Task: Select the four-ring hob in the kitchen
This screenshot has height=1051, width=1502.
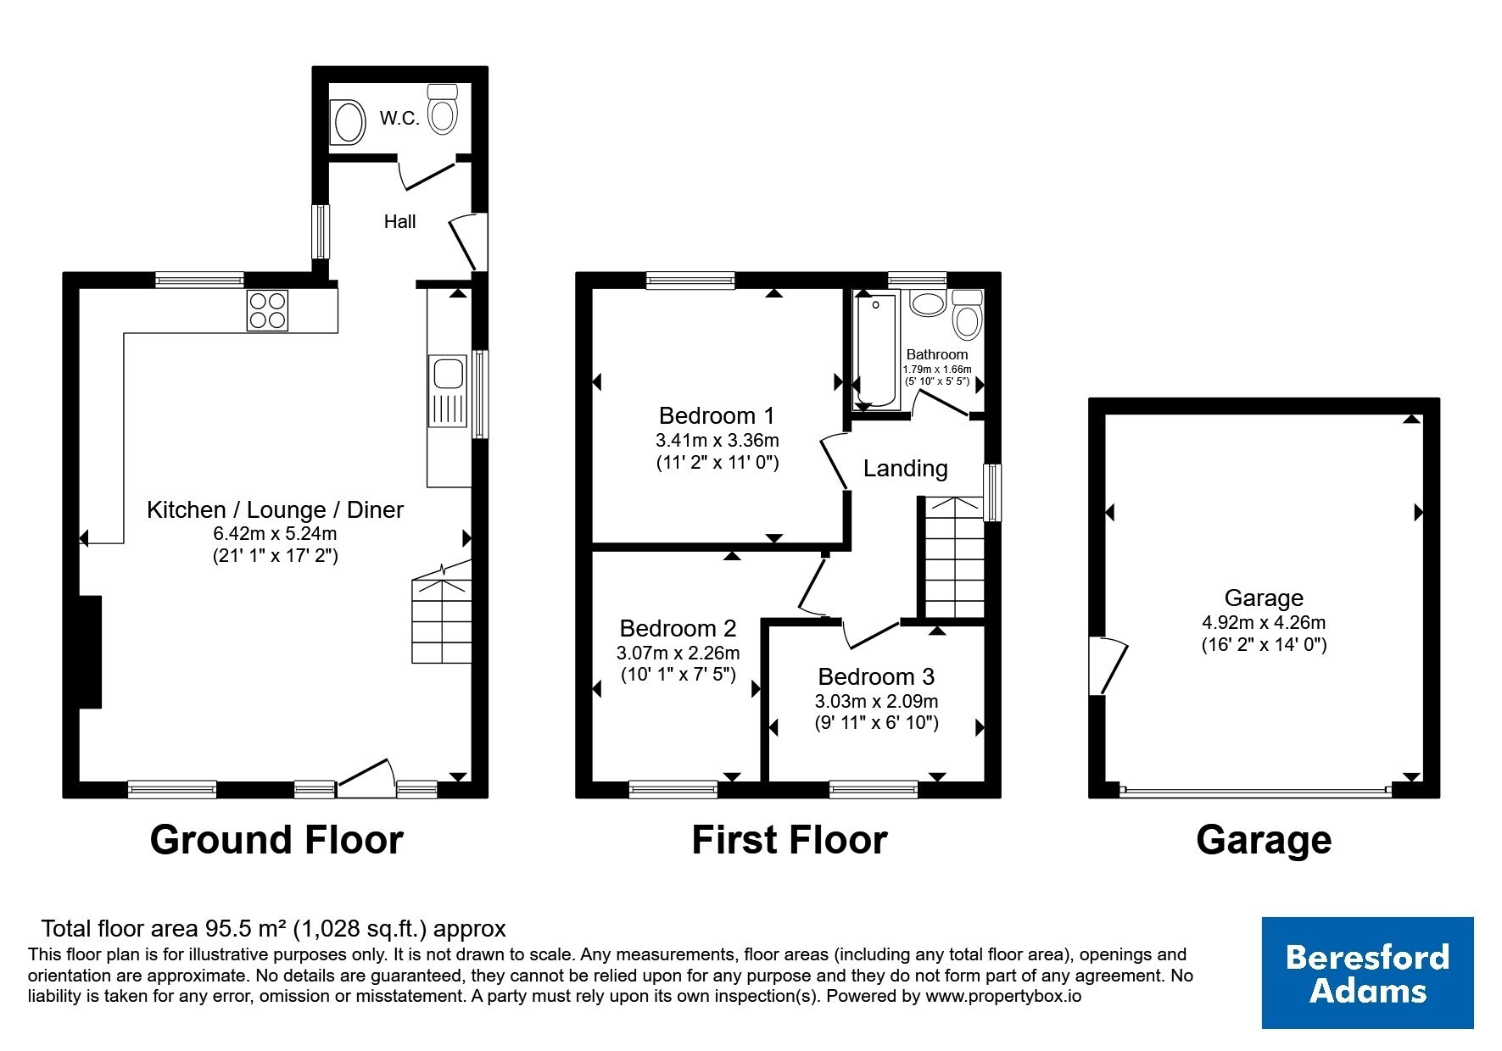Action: coord(267,310)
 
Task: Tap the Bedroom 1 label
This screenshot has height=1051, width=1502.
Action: coord(717,415)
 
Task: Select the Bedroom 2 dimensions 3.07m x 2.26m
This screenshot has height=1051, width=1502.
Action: coord(678,653)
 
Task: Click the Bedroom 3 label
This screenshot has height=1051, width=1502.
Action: coord(876,676)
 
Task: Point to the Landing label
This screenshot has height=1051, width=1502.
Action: coord(906,468)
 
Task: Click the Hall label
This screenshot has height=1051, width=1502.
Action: coord(399,221)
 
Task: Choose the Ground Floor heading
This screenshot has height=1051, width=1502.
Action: coord(276,840)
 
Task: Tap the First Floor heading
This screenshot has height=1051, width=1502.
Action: coord(790,840)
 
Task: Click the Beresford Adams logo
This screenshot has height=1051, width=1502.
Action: coord(1367,973)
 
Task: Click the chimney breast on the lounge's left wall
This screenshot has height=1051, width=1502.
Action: coord(90,652)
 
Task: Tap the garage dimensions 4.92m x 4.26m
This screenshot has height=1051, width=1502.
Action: coord(1264,622)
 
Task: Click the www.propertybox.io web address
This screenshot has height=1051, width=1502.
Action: coord(1003,997)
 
